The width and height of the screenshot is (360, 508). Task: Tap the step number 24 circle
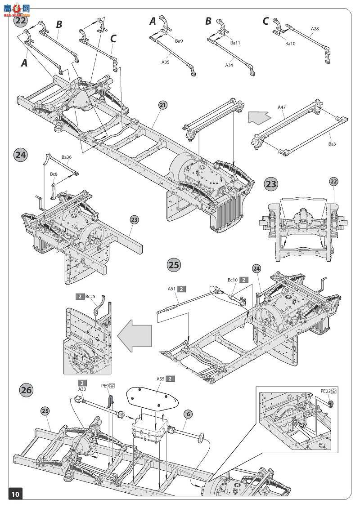click(20, 155)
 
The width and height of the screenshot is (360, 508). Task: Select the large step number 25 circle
click(174, 265)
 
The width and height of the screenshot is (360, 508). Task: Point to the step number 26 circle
click(26, 390)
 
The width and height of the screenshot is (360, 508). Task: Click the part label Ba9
click(179, 41)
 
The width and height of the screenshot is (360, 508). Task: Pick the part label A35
click(166, 62)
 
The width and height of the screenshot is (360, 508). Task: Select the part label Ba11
click(235, 43)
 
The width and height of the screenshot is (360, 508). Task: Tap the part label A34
click(229, 65)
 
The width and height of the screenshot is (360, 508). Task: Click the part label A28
click(315, 28)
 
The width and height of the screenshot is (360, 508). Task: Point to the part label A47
click(282, 107)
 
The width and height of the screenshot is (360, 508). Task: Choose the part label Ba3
click(332, 144)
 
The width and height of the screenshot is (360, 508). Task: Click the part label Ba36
click(67, 157)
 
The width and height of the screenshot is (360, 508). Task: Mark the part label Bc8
click(54, 174)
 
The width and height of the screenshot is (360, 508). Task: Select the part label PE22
click(325, 391)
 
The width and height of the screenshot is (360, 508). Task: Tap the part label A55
click(161, 379)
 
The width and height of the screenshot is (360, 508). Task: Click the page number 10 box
click(15, 495)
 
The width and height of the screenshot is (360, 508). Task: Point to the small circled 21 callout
click(163, 105)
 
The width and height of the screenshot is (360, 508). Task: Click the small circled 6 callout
click(188, 414)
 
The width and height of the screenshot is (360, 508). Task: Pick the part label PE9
click(104, 386)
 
